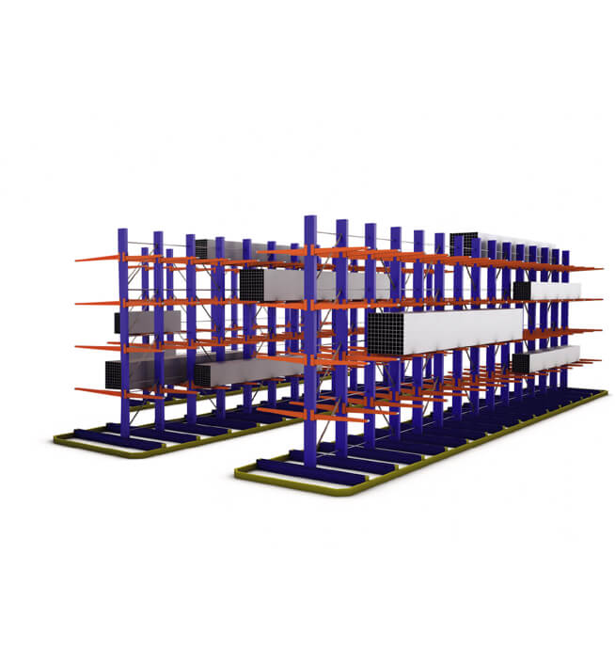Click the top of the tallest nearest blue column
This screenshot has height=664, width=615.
tap(309, 221)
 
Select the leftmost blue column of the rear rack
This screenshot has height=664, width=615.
tap(123, 329)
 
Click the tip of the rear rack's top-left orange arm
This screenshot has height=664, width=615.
tap(78, 260)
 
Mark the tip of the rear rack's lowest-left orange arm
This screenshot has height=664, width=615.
tap(78, 387)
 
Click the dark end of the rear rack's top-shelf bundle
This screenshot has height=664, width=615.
tap(200, 249)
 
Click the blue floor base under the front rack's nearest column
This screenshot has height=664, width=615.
tap(310, 468)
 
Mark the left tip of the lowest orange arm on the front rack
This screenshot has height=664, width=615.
tap(259, 411)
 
